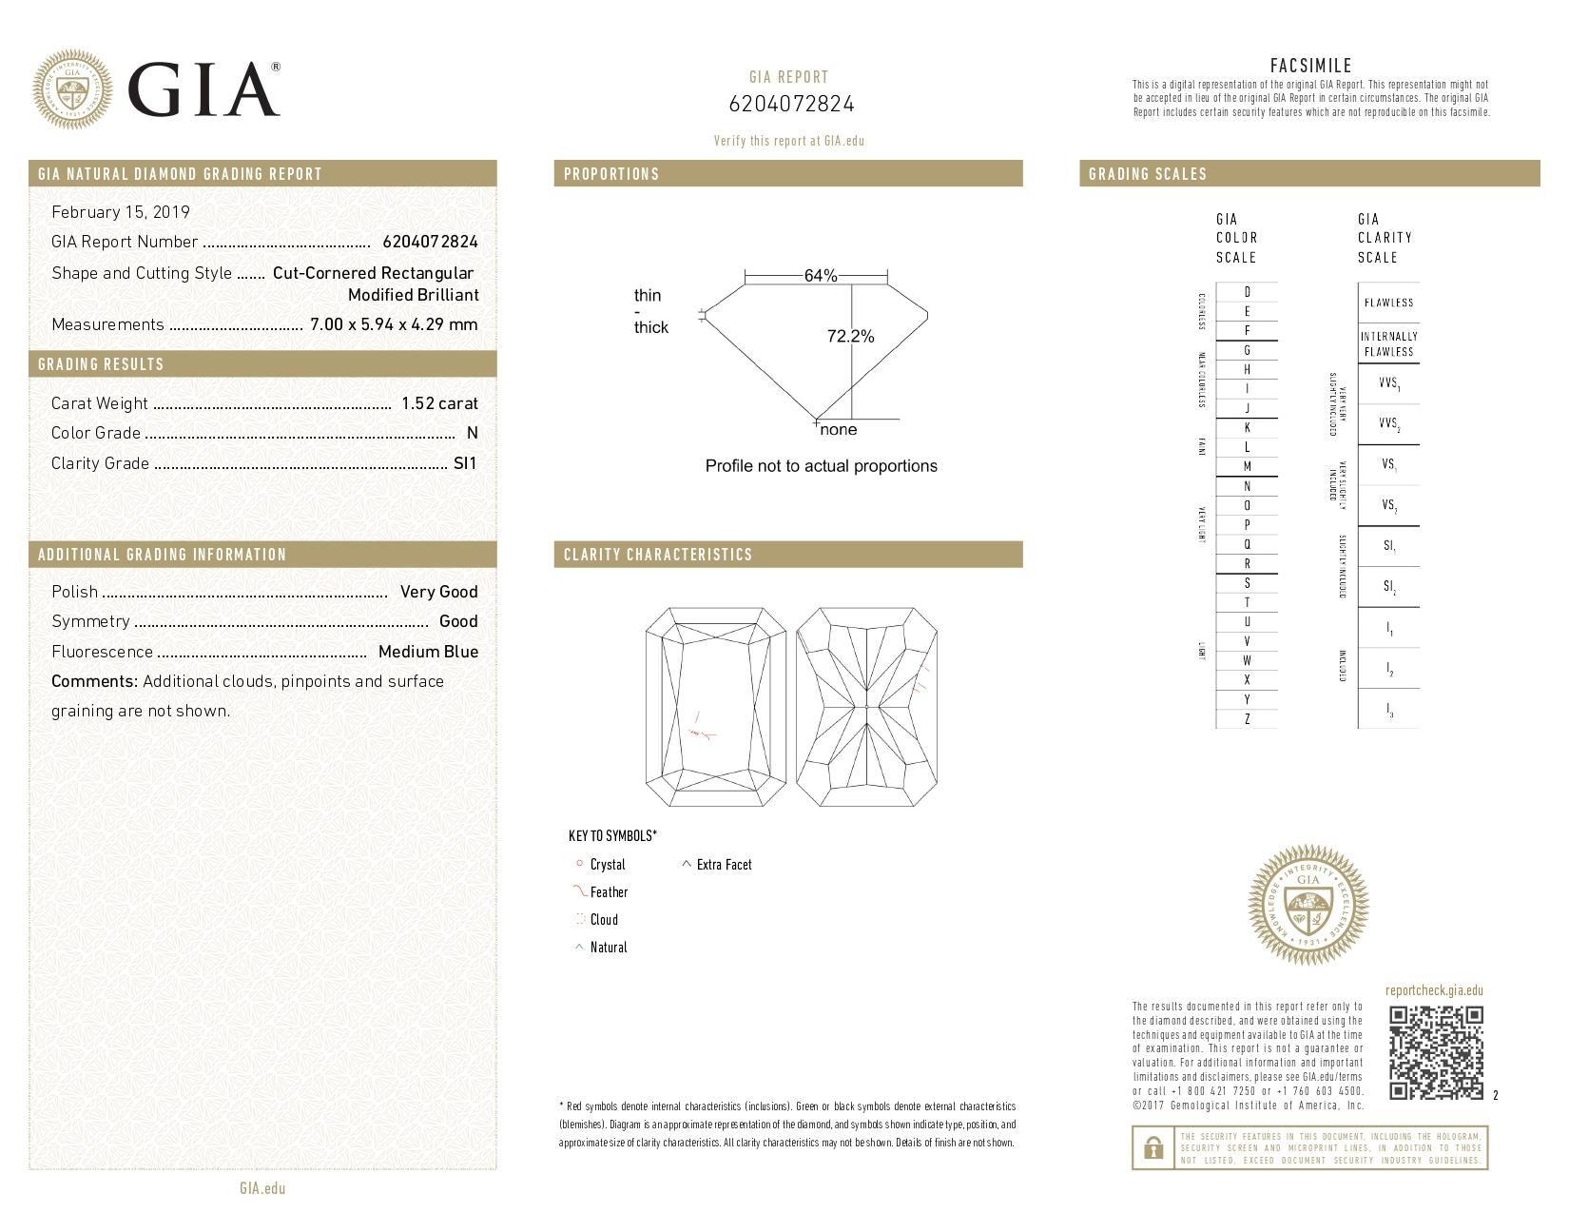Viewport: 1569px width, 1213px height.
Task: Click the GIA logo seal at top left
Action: pyautogui.click(x=72, y=90)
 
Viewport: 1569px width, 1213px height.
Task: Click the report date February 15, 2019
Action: pyautogui.click(x=121, y=212)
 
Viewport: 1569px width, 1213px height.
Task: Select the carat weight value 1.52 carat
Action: pyautogui.click(x=439, y=403)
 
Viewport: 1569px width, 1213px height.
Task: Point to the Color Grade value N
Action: pyautogui.click(x=472, y=433)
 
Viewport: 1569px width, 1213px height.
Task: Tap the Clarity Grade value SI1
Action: pyautogui.click(x=465, y=463)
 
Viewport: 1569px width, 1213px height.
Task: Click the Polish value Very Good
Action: pyautogui.click(x=438, y=592)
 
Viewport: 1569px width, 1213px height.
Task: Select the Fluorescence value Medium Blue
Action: pyautogui.click(x=428, y=652)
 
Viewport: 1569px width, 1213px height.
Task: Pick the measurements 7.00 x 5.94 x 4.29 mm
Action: pyautogui.click(x=394, y=324)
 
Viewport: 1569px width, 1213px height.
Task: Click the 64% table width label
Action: pyautogui.click(x=820, y=276)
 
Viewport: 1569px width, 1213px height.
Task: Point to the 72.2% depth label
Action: pyautogui.click(x=850, y=336)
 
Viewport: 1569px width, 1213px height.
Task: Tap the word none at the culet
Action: pyautogui.click(x=838, y=430)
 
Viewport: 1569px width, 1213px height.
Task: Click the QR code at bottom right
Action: pyautogui.click(x=1436, y=1053)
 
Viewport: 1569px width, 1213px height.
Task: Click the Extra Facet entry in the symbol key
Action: pyautogui.click(x=723, y=865)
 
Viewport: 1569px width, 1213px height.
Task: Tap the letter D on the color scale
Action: pyautogui.click(x=1247, y=292)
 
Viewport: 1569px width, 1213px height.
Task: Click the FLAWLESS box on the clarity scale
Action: pyautogui.click(x=1388, y=303)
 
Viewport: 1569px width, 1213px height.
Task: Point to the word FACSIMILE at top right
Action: pyautogui.click(x=1310, y=66)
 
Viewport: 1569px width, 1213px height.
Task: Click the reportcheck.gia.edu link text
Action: pyautogui.click(x=1434, y=990)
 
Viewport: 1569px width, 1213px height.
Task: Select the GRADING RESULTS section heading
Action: pyautogui.click(x=101, y=364)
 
